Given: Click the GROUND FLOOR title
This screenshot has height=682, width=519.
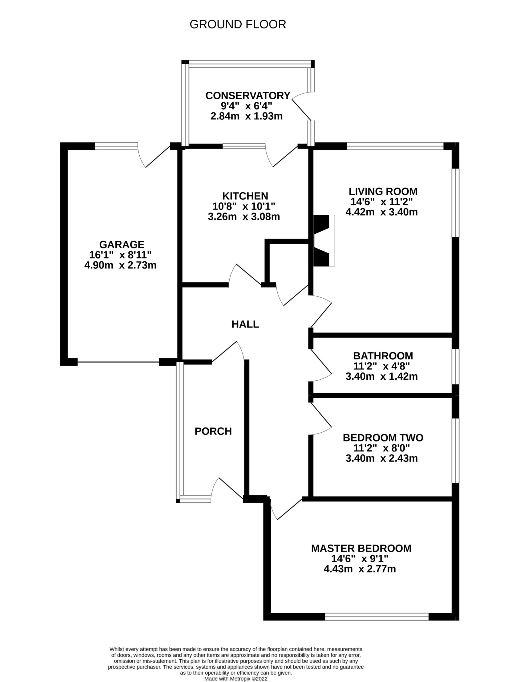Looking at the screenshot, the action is point(238,25).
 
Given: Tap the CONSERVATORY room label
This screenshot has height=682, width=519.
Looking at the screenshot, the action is point(248,95).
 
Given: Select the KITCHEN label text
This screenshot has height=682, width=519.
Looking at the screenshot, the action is point(245,196).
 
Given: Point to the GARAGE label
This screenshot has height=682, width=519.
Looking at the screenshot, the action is point(122,244).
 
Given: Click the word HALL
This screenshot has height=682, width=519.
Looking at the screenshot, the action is point(245,324).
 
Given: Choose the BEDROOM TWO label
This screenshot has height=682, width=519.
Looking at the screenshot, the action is point(383,438).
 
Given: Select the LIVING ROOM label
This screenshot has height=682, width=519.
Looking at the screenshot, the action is point(383,192).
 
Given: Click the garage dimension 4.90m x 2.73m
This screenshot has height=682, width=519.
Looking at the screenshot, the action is point(120,265).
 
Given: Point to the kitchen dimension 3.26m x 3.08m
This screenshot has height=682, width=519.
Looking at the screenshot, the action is point(244,217).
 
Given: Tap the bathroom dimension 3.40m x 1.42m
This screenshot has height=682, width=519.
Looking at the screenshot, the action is point(382,376).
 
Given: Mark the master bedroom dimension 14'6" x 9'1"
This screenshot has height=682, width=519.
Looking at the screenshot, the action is point(360,558).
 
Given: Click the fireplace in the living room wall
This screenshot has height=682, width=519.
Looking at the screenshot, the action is point(324,241).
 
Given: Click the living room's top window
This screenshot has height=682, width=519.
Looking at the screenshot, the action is point(395,146).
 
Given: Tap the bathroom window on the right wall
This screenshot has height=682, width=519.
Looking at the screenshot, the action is point(456,366).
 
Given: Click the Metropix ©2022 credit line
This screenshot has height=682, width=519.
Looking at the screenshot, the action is point(236,679).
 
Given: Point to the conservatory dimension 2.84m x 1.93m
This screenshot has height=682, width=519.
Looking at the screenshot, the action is point(246,116).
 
